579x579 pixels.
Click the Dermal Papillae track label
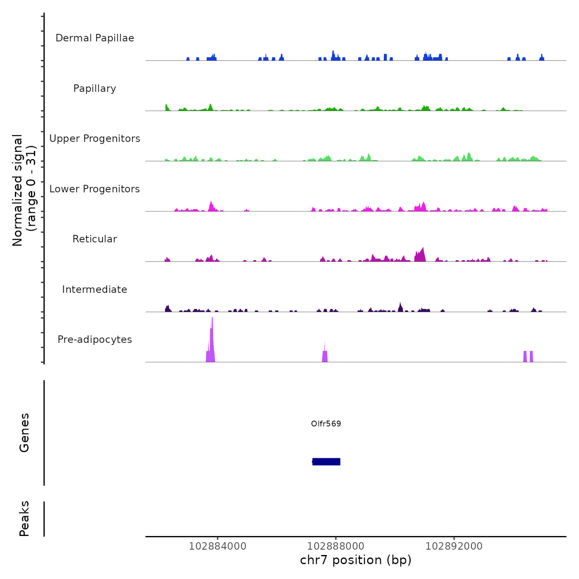point(95,38)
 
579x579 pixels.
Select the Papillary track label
point(95,89)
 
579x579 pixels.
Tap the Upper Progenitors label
point(95,139)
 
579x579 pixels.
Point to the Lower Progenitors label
point(95,189)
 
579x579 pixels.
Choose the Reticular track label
point(95,239)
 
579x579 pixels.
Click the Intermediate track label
point(95,289)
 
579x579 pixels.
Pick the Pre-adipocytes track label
point(95,340)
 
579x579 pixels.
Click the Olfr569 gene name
point(326,424)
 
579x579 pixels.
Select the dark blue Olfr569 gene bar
point(326,462)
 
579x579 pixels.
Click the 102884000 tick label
point(218,546)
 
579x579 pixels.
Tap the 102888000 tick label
point(336,546)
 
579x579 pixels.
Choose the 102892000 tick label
point(454,546)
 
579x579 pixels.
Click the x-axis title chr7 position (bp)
point(356,560)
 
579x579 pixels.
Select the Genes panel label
point(24,433)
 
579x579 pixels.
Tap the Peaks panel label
point(24,519)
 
